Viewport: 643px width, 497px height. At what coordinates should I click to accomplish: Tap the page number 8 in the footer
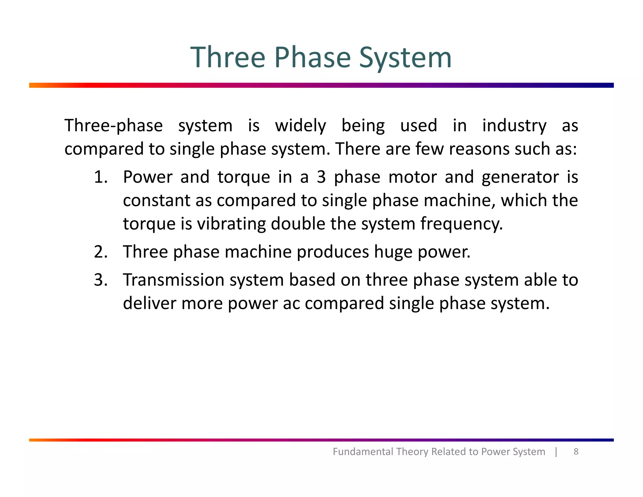click(x=576, y=451)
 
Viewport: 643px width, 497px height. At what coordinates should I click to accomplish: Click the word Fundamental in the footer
click(x=363, y=451)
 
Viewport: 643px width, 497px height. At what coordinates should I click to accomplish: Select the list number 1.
click(x=101, y=177)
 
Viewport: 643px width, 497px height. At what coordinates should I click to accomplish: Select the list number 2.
click(x=101, y=252)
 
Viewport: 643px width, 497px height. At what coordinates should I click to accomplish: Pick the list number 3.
click(x=101, y=280)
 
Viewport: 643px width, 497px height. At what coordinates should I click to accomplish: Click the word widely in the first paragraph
click(x=300, y=126)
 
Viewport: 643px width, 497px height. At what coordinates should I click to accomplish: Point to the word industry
click(x=514, y=126)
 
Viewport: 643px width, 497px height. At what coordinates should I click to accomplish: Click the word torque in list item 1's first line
click(x=244, y=177)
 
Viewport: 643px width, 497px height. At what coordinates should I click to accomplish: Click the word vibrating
click(x=231, y=224)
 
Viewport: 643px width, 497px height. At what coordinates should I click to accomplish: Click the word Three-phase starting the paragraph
click(x=114, y=126)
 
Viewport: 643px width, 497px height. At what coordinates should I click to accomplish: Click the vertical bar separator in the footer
click(x=556, y=451)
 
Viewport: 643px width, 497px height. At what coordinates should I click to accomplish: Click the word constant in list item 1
click(x=157, y=200)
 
